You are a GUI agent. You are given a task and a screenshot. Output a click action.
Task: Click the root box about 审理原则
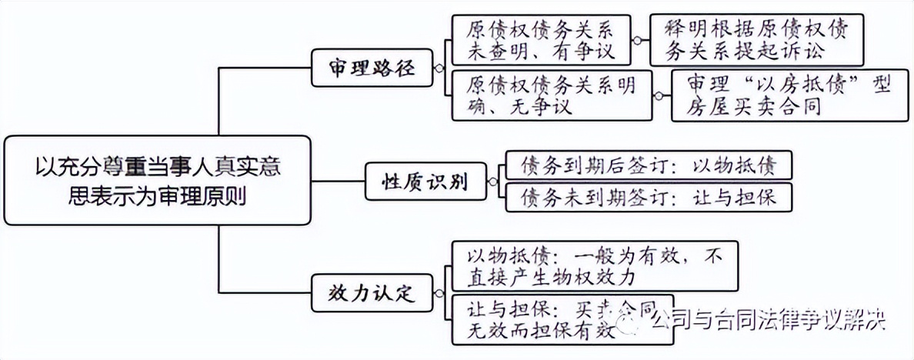click(x=158, y=181)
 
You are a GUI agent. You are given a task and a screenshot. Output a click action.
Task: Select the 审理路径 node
click(x=372, y=68)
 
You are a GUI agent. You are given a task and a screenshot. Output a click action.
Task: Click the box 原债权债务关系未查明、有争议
click(x=540, y=39)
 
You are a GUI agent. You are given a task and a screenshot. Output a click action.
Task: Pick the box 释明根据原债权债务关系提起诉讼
click(x=756, y=39)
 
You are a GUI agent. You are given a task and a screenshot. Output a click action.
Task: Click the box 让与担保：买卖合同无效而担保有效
click(x=562, y=318)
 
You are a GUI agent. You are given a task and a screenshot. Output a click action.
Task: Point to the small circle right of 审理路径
click(x=439, y=68)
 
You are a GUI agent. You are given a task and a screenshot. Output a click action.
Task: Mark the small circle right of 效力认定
click(x=439, y=293)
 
